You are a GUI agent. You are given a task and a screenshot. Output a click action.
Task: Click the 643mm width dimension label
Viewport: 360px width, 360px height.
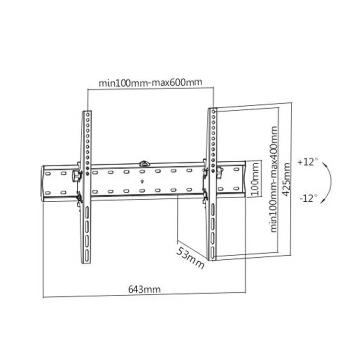(144, 289)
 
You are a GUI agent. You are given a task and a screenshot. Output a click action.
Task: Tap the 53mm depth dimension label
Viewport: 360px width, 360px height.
(190, 257)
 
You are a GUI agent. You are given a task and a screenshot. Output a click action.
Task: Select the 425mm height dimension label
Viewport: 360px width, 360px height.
(286, 180)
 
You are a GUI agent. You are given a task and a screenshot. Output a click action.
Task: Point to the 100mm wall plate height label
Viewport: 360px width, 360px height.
(256, 179)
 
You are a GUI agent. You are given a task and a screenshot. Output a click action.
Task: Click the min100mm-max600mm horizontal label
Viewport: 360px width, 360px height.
(150, 82)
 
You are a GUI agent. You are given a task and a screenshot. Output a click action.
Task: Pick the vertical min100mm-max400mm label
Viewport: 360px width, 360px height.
(274, 179)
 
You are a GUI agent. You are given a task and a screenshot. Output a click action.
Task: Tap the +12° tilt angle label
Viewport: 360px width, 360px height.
(308, 162)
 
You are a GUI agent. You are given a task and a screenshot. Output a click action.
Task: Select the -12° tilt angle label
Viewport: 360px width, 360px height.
(309, 198)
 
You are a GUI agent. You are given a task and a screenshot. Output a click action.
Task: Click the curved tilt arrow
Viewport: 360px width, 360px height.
(331, 181)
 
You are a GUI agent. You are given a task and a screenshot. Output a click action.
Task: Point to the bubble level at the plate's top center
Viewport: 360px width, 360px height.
(144, 163)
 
